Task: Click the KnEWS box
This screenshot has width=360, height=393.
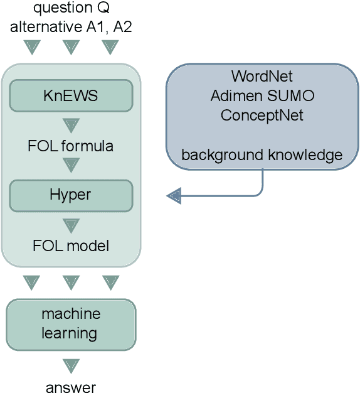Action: tap(71, 95)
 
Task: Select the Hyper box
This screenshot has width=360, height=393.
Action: tap(71, 195)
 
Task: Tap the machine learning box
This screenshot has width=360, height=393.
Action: tap(71, 323)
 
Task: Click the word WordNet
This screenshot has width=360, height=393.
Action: tap(262, 77)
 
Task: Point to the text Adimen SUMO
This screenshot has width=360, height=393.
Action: tap(262, 97)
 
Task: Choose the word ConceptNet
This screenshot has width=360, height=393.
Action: tap(262, 116)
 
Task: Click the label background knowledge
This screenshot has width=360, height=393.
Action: tap(262, 155)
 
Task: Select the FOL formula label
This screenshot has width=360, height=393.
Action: tap(71, 146)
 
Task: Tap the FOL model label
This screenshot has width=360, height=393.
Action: tap(71, 245)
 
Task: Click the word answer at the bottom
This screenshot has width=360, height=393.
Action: tap(71, 387)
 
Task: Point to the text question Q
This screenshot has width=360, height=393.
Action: tap(71, 9)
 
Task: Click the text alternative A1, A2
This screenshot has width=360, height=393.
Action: tap(71, 26)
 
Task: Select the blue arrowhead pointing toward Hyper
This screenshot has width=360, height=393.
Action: tap(174, 196)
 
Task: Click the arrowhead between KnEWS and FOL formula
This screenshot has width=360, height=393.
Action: tap(71, 123)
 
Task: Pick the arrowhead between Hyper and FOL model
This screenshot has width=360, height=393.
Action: tap(71, 224)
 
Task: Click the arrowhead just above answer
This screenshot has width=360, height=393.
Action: tap(71, 365)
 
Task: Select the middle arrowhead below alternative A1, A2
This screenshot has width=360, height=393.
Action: tap(71, 47)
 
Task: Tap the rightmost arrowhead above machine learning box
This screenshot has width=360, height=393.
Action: tap(110, 282)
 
